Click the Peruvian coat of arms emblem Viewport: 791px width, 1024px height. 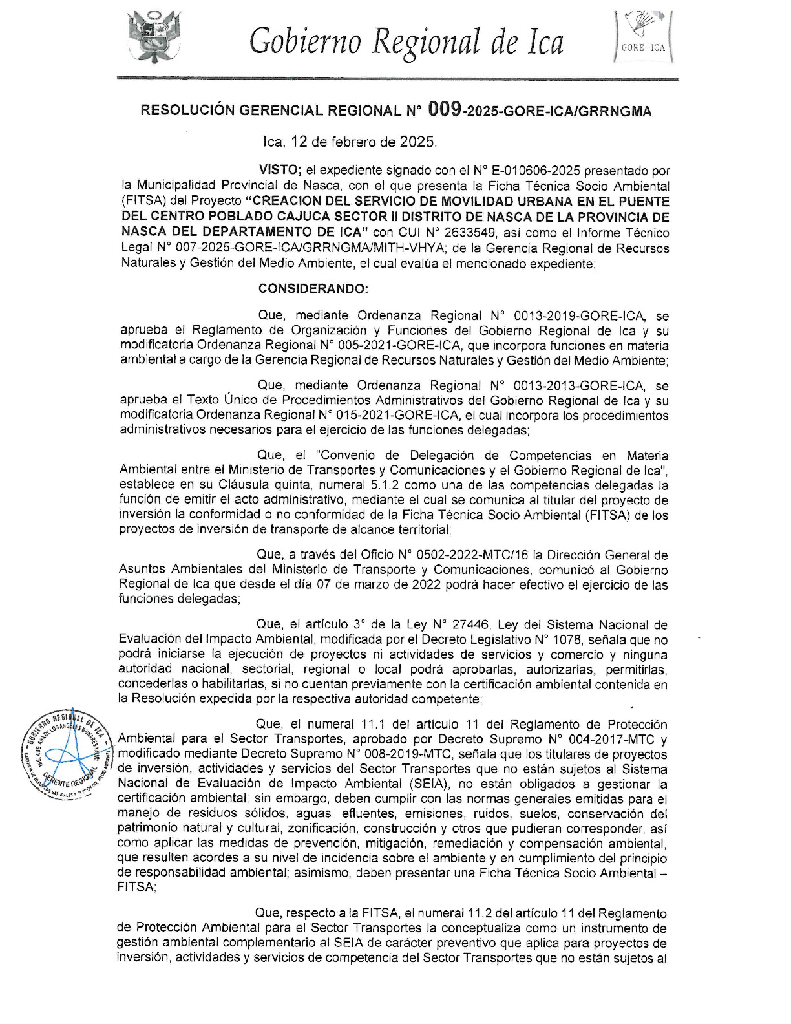coord(154,37)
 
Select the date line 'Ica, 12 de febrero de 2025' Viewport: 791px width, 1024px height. coord(350,141)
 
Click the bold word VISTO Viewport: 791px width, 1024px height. coord(280,171)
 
